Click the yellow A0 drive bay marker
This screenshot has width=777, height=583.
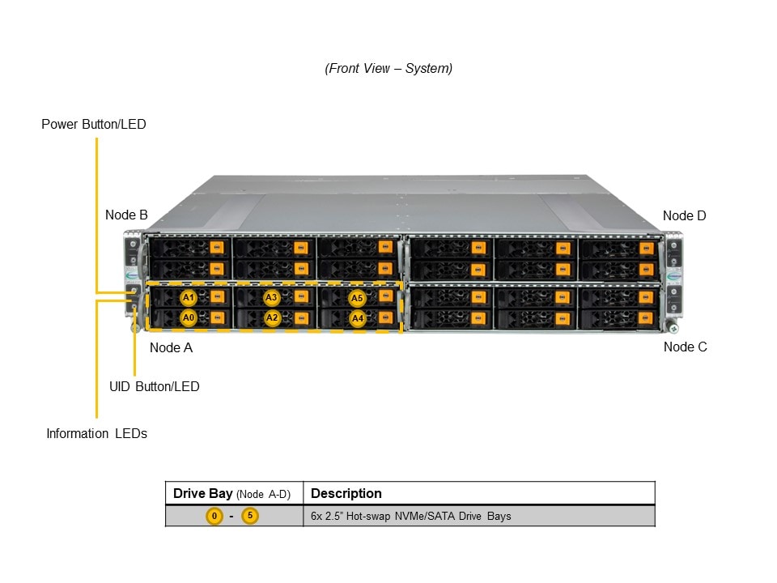click(189, 318)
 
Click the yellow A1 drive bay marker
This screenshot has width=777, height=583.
click(189, 298)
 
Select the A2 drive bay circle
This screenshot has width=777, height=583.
click(272, 318)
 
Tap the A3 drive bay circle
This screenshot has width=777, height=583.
click(272, 298)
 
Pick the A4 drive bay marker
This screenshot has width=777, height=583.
click(358, 319)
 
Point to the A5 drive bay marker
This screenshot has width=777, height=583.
click(358, 299)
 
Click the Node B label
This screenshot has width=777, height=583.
click(126, 215)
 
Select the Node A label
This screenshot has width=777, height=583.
click(171, 347)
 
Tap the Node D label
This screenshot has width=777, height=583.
click(684, 215)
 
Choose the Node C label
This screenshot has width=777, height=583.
click(685, 347)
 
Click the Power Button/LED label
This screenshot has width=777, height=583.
click(94, 125)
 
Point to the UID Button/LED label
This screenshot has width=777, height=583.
click(154, 386)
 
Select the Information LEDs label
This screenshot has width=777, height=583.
click(96, 434)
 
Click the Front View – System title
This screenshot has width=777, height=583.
click(388, 69)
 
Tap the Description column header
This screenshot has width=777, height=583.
click(346, 493)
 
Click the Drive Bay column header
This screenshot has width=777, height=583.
click(231, 493)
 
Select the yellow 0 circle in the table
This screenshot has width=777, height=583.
click(214, 516)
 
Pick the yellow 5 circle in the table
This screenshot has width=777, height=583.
click(250, 516)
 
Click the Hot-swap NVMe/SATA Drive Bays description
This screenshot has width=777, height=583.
click(410, 516)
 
